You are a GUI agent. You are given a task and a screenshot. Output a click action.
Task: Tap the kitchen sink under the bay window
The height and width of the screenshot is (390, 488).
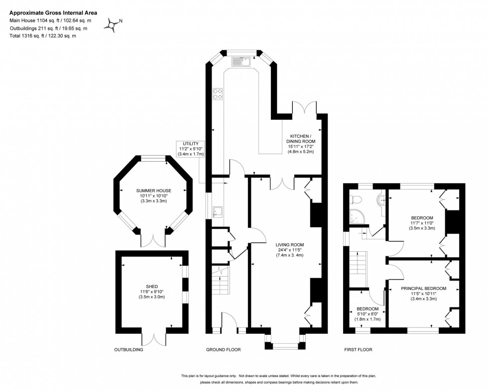[242, 61]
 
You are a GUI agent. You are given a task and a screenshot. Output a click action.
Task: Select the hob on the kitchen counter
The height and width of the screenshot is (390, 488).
[218, 95]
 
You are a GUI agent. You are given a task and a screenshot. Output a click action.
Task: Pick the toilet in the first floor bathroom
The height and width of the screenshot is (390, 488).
[356, 199]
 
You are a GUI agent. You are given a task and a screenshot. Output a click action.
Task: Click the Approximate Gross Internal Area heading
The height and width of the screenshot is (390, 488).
[53, 12]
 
